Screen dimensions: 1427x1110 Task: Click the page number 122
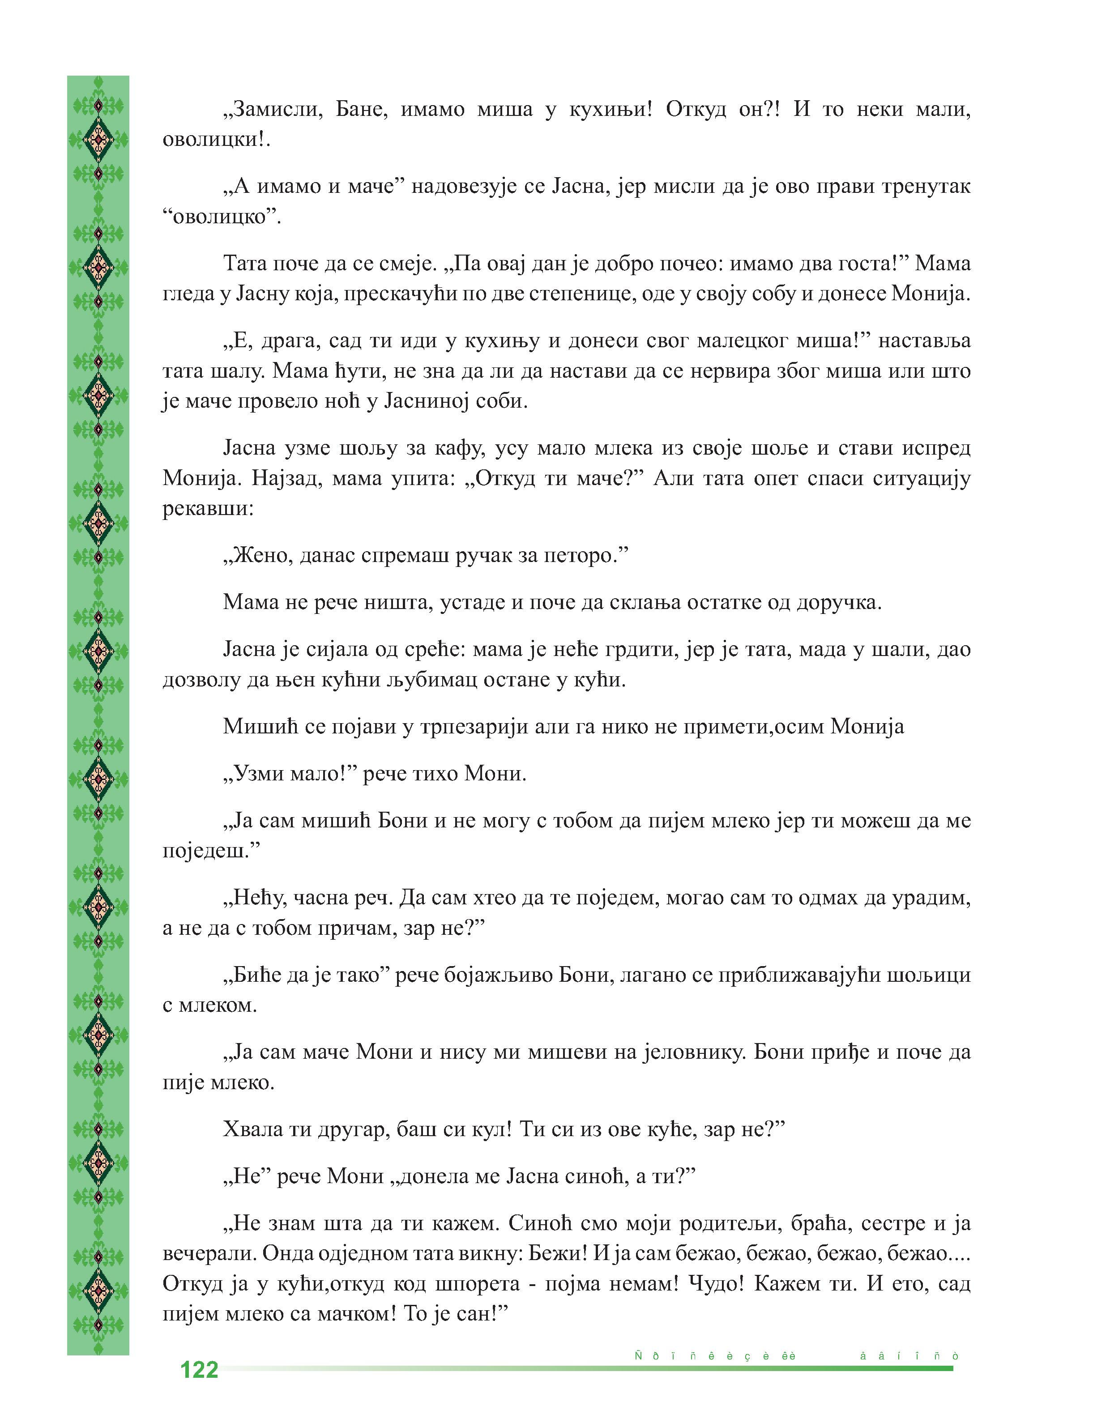click(x=199, y=1370)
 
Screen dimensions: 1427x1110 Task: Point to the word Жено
click(x=260, y=556)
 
